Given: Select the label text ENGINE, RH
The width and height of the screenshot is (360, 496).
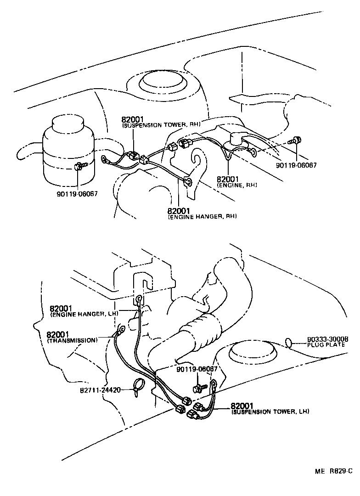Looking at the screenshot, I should pos(236,185).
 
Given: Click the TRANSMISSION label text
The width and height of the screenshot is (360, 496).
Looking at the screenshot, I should pos(72,340).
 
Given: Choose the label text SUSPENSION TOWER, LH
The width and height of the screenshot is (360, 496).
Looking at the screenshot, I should pos(270,412).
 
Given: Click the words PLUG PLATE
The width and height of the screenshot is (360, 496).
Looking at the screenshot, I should pos(327,344).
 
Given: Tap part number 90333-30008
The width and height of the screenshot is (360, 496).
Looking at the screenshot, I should pos(327,339).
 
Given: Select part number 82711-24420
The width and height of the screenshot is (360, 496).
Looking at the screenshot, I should pos(100,390).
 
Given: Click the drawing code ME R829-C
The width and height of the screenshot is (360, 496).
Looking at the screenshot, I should pos(333,471).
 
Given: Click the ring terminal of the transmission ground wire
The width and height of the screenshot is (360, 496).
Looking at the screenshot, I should pos(121,329).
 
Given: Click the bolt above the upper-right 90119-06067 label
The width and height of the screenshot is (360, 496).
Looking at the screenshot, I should pos(297,140).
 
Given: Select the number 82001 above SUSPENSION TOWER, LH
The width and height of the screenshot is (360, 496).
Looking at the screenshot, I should pos(242,406).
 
